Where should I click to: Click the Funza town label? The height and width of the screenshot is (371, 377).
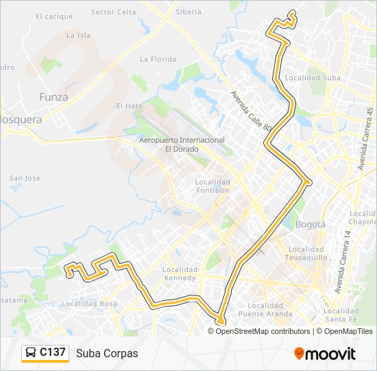53,97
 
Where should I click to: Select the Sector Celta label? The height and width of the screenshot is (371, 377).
113,12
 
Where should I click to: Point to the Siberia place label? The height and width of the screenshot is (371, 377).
188,12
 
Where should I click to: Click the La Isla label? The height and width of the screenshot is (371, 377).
78,35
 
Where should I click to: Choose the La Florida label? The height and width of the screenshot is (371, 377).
158,59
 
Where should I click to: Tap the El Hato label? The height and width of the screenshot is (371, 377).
129,106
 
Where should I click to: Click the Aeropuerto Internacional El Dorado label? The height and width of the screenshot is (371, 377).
182,144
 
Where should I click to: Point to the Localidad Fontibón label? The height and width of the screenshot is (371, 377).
212,185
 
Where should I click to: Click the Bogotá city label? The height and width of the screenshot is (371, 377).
310,224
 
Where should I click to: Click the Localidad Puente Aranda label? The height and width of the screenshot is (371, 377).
265,309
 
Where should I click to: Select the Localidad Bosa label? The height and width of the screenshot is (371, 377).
89,303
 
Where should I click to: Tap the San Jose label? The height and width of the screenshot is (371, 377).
25,178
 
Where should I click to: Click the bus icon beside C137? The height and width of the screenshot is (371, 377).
31,353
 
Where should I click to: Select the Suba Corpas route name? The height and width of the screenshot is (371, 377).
107,353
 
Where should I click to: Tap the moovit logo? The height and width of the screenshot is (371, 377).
325,353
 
